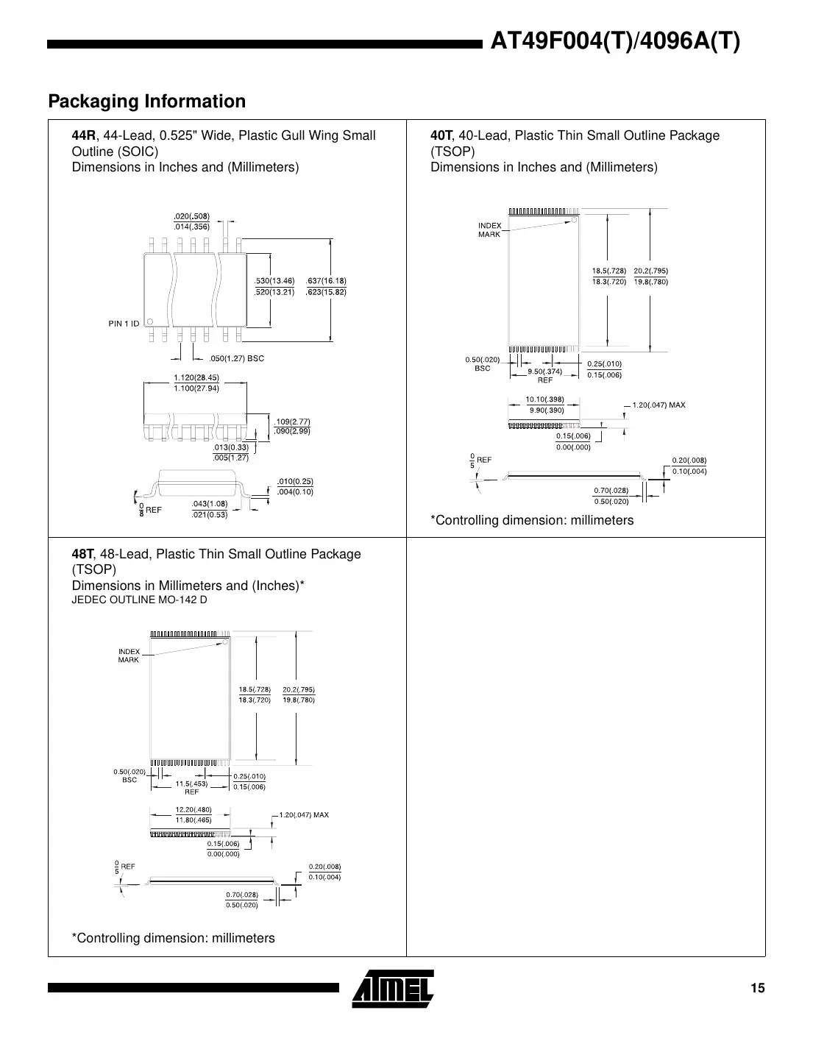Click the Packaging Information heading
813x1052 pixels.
(x=146, y=102)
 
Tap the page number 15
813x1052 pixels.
(x=757, y=988)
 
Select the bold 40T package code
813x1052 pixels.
(x=441, y=135)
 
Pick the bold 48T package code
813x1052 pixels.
(x=82, y=554)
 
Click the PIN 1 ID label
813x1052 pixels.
(x=124, y=324)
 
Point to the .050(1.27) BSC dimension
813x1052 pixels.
(x=236, y=359)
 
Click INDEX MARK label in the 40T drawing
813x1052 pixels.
(x=489, y=230)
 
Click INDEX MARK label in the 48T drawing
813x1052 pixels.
(x=129, y=655)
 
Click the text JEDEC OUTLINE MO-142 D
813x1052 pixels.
(x=139, y=600)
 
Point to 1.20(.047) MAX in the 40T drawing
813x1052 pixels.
(x=658, y=405)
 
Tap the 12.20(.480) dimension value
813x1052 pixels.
(x=194, y=809)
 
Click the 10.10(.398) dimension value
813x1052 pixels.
(x=544, y=399)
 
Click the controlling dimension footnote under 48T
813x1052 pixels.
(x=173, y=938)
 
